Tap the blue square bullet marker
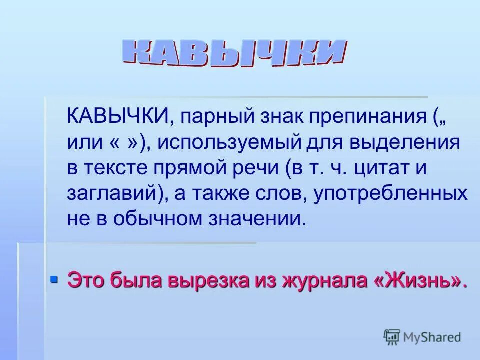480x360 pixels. [55, 277]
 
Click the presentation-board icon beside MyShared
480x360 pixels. [392, 337]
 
